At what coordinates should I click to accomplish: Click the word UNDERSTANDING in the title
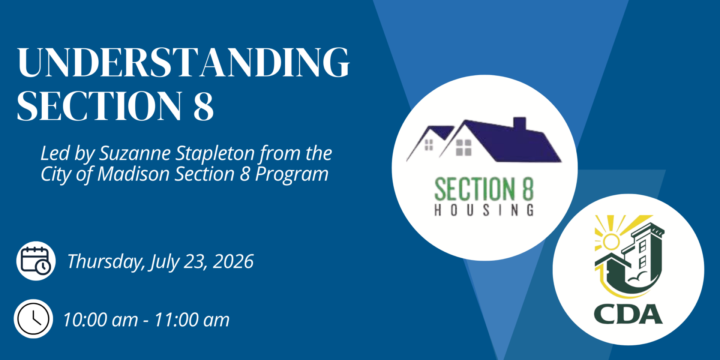pyautogui.click(x=183, y=62)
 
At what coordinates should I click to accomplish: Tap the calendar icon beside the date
pyautogui.click(x=36, y=261)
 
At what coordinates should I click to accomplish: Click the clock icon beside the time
pyautogui.click(x=33, y=319)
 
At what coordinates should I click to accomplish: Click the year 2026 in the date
pyautogui.click(x=233, y=261)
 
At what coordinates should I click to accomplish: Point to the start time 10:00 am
pyautogui.click(x=100, y=320)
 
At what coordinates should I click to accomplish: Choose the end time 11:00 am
pyautogui.click(x=192, y=320)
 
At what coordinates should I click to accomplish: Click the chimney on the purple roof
pyautogui.click(x=520, y=124)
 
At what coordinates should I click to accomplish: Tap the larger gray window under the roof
pyautogui.click(x=463, y=147)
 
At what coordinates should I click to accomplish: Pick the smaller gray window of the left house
pyautogui.click(x=429, y=145)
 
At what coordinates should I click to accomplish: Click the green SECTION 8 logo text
pyautogui.click(x=484, y=189)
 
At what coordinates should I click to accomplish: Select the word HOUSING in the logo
pyautogui.click(x=484, y=210)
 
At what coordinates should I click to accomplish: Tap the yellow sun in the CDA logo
pyautogui.click(x=611, y=241)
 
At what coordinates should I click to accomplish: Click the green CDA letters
pyautogui.click(x=628, y=314)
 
